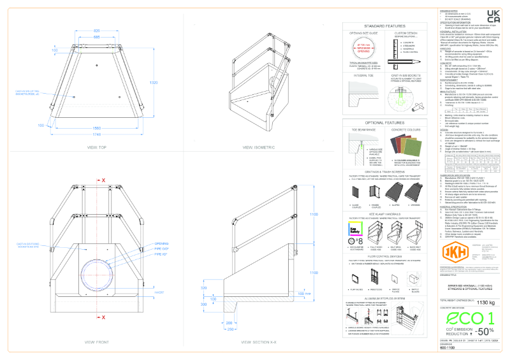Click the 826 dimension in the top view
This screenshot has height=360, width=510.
(x=97, y=31)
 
